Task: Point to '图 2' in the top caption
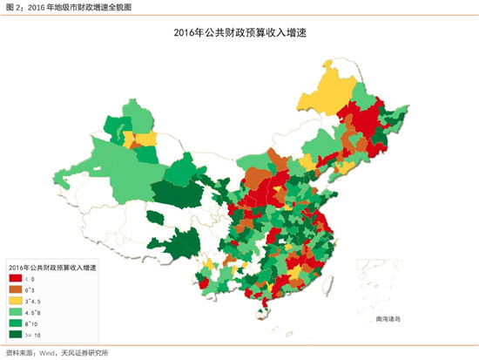tap(14, 7)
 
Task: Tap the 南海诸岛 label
tap(390, 318)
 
